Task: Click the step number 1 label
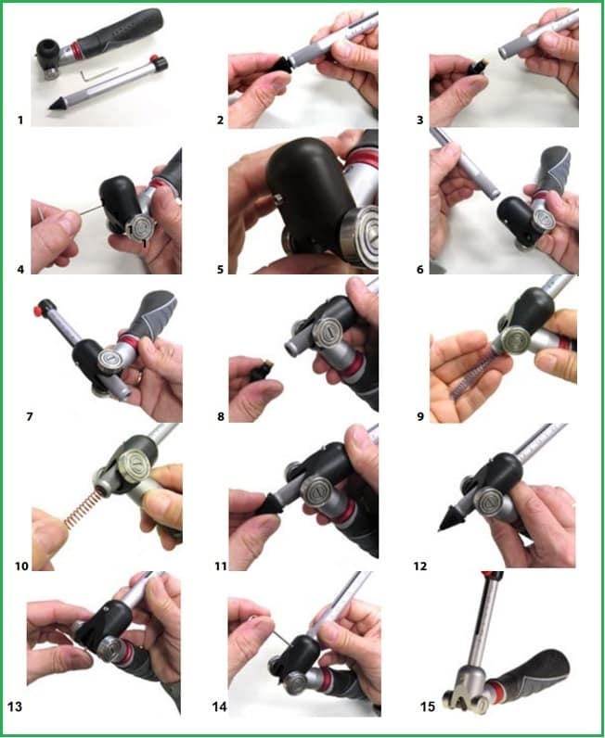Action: tap(19, 120)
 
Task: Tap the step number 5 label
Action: tap(220, 271)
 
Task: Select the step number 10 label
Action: tap(20, 566)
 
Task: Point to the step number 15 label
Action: tap(427, 706)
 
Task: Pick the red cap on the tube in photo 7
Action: tap(42, 307)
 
